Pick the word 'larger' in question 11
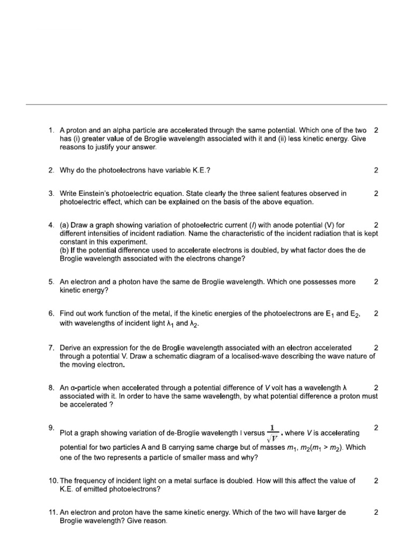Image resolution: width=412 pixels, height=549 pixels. (x=326, y=513)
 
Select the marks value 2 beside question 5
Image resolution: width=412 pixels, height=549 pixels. (x=376, y=281)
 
